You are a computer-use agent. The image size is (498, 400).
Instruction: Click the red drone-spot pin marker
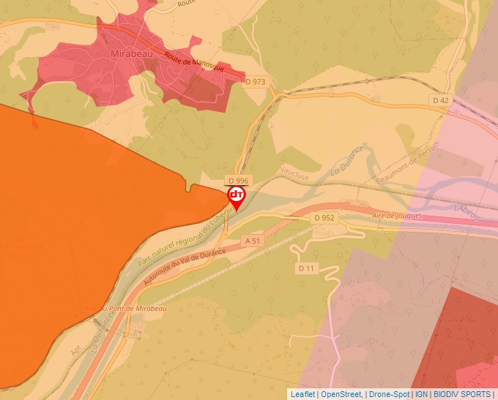237,196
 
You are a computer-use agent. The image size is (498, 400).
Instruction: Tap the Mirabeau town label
132,54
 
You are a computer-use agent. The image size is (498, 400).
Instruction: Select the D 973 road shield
256,81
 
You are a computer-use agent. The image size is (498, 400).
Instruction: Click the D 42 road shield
440,100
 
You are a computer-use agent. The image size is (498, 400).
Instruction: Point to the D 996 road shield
238,181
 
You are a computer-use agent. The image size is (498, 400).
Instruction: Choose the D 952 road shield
323,218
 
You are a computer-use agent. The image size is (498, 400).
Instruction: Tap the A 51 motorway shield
253,241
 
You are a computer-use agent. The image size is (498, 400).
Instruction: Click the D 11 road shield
306,268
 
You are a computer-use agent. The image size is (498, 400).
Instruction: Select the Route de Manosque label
193,64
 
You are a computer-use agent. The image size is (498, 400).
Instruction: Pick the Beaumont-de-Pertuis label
407,163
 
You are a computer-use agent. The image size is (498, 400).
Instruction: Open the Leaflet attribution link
302,394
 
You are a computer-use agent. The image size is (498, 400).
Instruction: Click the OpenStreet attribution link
341,394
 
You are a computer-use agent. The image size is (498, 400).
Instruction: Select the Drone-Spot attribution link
388,394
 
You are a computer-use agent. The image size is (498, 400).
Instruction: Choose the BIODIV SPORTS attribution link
462,394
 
